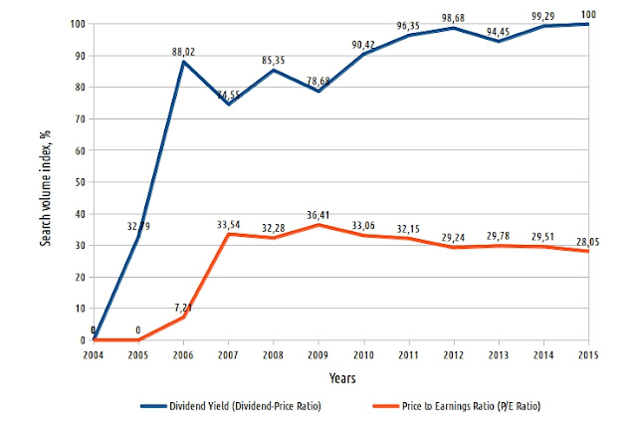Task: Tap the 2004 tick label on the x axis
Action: pos(93,353)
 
